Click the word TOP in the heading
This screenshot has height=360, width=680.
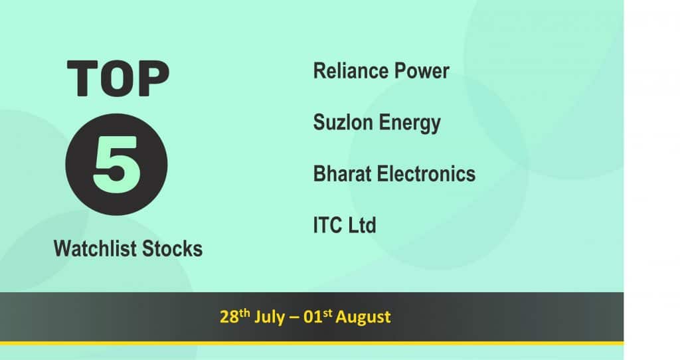pyautogui.click(x=118, y=78)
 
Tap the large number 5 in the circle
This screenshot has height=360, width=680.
pyautogui.click(x=117, y=164)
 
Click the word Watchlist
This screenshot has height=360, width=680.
pyautogui.click(x=96, y=249)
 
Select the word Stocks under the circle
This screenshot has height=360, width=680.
pyautogui.click(x=173, y=249)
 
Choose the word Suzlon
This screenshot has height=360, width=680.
pyautogui.click(x=343, y=122)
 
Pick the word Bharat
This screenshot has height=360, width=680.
pyautogui.click(x=343, y=173)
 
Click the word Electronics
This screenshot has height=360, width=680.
pyautogui.click(x=426, y=173)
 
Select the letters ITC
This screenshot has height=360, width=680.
pyautogui.click(x=328, y=225)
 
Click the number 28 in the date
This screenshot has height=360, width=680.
pyautogui.click(x=229, y=317)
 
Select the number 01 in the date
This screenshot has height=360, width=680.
pyautogui.click(x=313, y=317)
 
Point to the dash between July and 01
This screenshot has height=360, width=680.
pyautogui.click(x=294, y=318)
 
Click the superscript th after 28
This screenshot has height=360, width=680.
pyautogui.click(x=244, y=313)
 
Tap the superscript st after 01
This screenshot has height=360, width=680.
pyautogui.click(x=327, y=313)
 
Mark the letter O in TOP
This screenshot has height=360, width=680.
pyautogui.click(x=118, y=78)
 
